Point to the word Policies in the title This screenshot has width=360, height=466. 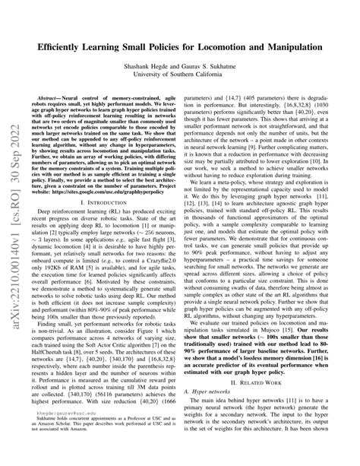pyautogui.click(x=191, y=46)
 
